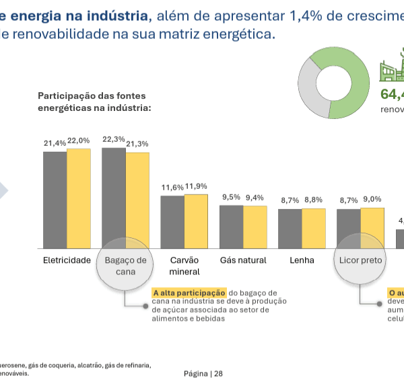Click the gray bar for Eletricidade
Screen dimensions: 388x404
click(55, 200)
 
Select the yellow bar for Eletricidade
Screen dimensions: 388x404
click(78, 198)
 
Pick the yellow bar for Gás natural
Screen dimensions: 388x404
click(255, 227)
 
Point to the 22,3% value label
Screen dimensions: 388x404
click(113, 139)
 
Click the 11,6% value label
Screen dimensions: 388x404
click(172, 187)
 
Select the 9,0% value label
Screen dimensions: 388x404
click(372, 199)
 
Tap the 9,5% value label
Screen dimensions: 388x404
click(231, 197)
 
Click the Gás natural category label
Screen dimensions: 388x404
click(243, 260)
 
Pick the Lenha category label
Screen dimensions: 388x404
click(302, 260)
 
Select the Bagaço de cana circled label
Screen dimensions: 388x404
click(126, 266)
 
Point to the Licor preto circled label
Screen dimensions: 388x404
click(360, 260)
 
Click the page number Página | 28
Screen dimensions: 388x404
click(203, 374)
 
